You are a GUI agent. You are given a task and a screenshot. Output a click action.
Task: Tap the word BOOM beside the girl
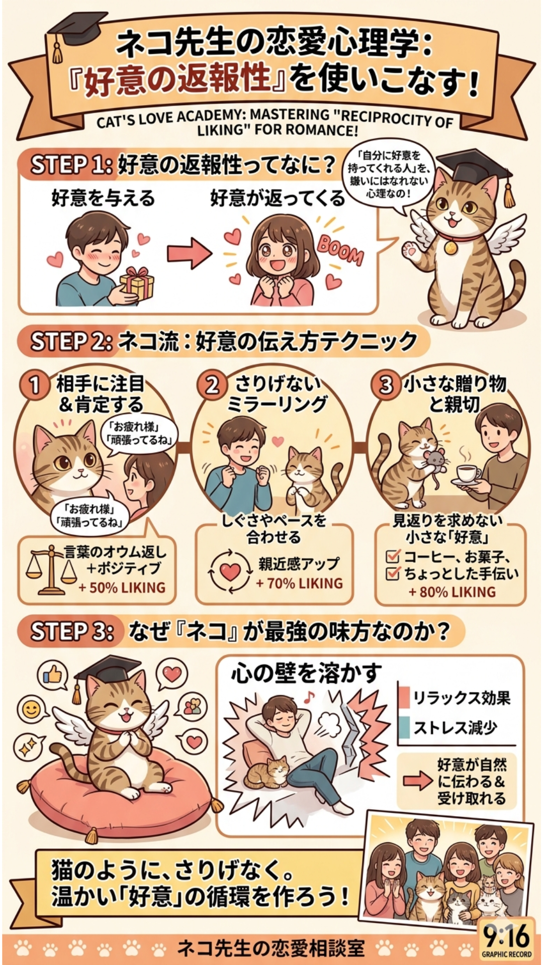[340, 250]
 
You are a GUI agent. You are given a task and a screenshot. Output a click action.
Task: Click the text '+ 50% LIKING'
[122, 588]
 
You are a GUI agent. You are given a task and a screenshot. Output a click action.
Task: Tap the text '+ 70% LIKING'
[300, 584]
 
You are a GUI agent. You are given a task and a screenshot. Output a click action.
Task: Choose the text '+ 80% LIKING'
[452, 592]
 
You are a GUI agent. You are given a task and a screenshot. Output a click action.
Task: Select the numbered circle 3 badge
[385, 385]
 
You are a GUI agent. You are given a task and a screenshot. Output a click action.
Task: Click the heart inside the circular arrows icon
[230, 572]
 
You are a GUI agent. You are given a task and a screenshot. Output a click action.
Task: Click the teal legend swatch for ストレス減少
[404, 727]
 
